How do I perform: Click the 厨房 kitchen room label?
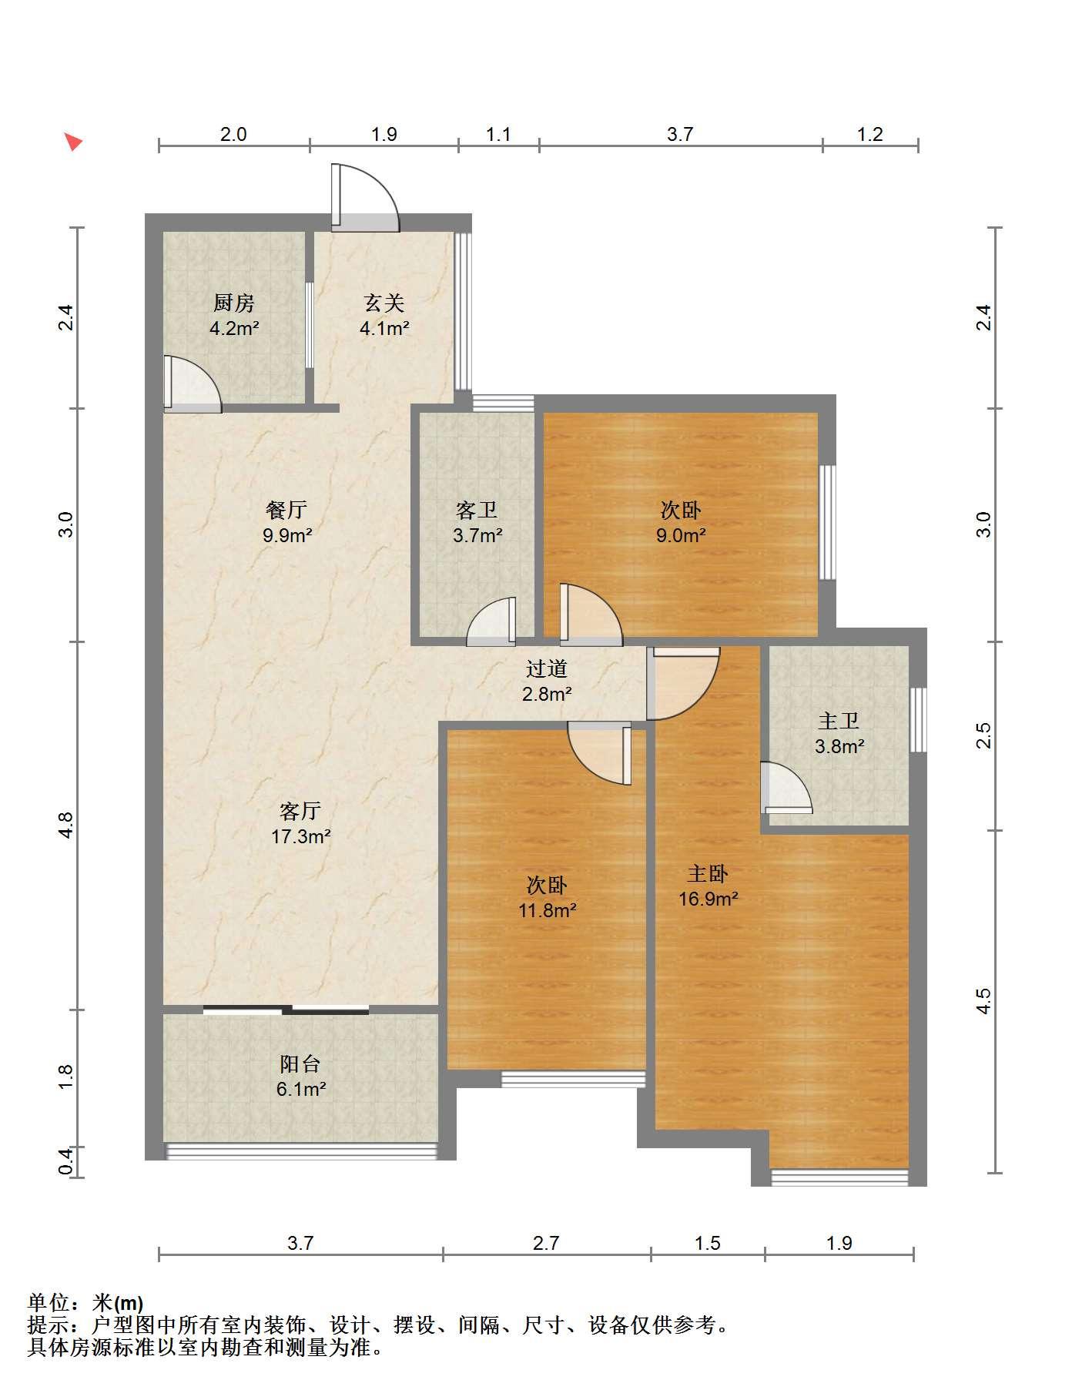(x=234, y=303)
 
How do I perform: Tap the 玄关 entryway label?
(x=384, y=303)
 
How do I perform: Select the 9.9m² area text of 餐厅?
(x=287, y=535)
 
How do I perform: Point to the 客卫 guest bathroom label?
(x=477, y=511)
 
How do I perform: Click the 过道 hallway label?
(x=547, y=669)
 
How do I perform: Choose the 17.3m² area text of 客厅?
(x=300, y=836)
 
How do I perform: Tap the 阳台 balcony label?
(x=300, y=1064)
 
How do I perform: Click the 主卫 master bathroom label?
(x=839, y=722)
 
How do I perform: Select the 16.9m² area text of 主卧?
(x=709, y=899)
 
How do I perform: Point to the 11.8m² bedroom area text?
(x=548, y=910)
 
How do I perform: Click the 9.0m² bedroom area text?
(x=681, y=535)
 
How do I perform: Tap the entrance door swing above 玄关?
(x=366, y=197)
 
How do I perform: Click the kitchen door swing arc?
(x=193, y=383)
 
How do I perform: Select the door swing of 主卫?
(x=786, y=787)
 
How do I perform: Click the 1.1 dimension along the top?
(x=498, y=134)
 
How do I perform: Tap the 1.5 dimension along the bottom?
(x=707, y=1243)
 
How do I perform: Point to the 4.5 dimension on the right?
(x=983, y=1001)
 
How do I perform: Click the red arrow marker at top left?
(x=72, y=142)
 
